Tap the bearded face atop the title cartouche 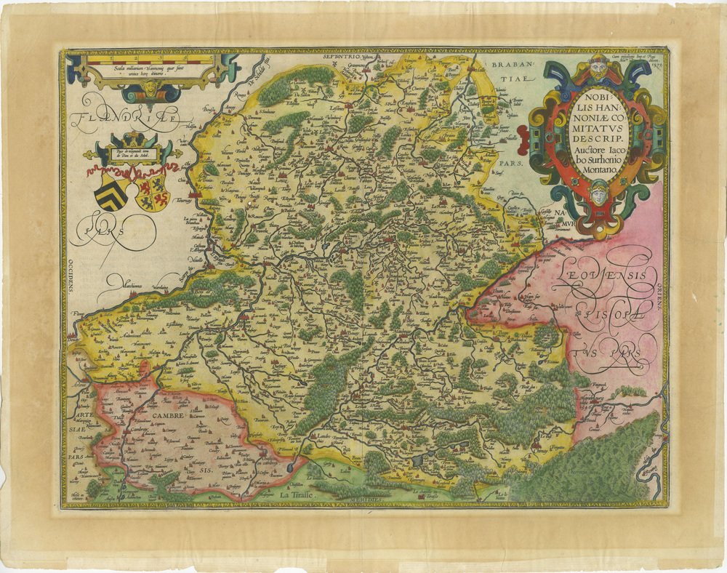tap(598, 68)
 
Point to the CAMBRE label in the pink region tap(168, 414)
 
